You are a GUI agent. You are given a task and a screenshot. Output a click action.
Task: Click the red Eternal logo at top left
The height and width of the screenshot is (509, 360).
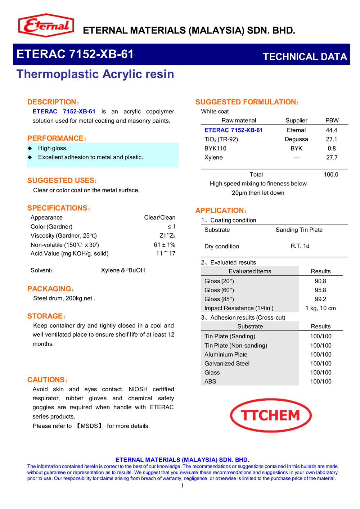(x=46, y=25)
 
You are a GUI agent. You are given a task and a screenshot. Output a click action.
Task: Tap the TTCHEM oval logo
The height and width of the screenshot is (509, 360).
(x=271, y=415)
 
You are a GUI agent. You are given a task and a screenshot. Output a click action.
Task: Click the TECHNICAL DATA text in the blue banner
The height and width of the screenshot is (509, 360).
(x=305, y=57)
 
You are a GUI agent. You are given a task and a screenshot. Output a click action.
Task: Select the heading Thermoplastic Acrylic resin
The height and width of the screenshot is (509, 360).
(x=95, y=74)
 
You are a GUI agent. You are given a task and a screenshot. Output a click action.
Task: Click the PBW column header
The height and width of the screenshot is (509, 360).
(x=332, y=120)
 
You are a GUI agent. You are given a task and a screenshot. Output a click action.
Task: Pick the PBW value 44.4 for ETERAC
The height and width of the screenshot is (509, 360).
(x=332, y=130)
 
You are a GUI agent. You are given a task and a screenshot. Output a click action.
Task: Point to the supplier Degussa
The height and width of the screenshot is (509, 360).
(x=296, y=139)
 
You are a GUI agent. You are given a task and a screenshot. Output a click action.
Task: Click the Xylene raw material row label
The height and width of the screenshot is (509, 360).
(x=213, y=157)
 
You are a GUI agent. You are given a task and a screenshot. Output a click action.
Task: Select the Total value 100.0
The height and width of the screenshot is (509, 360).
(x=331, y=174)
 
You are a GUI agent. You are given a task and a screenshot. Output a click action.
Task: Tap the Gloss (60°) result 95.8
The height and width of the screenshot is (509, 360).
(x=320, y=290)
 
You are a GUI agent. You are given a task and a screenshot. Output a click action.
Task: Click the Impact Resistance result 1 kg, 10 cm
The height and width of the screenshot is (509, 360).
(x=320, y=308)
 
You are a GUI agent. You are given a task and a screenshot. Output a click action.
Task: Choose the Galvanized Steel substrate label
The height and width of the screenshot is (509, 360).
(x=227, y=363)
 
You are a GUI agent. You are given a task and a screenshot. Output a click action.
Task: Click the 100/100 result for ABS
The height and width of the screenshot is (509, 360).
(x=321, y=381)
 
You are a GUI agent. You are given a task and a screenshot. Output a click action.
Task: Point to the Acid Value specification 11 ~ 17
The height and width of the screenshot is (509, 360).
(x=166, y=253)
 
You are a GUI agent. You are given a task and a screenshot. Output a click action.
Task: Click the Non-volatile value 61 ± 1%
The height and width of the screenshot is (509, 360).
(x=165, y=244)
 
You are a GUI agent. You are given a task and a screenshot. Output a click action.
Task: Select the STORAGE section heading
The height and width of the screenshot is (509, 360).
(x=46, y=316)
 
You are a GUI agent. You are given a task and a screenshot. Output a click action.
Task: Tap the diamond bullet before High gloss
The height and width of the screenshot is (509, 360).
(x=30, y=148)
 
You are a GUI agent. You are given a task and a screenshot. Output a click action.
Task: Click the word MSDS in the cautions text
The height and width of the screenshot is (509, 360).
(x=89, y=426)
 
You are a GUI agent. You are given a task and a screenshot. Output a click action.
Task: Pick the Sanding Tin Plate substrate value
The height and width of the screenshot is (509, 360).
(x=299, y=230)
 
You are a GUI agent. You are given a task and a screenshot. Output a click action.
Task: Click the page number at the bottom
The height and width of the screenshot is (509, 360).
(x=182, y=486)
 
